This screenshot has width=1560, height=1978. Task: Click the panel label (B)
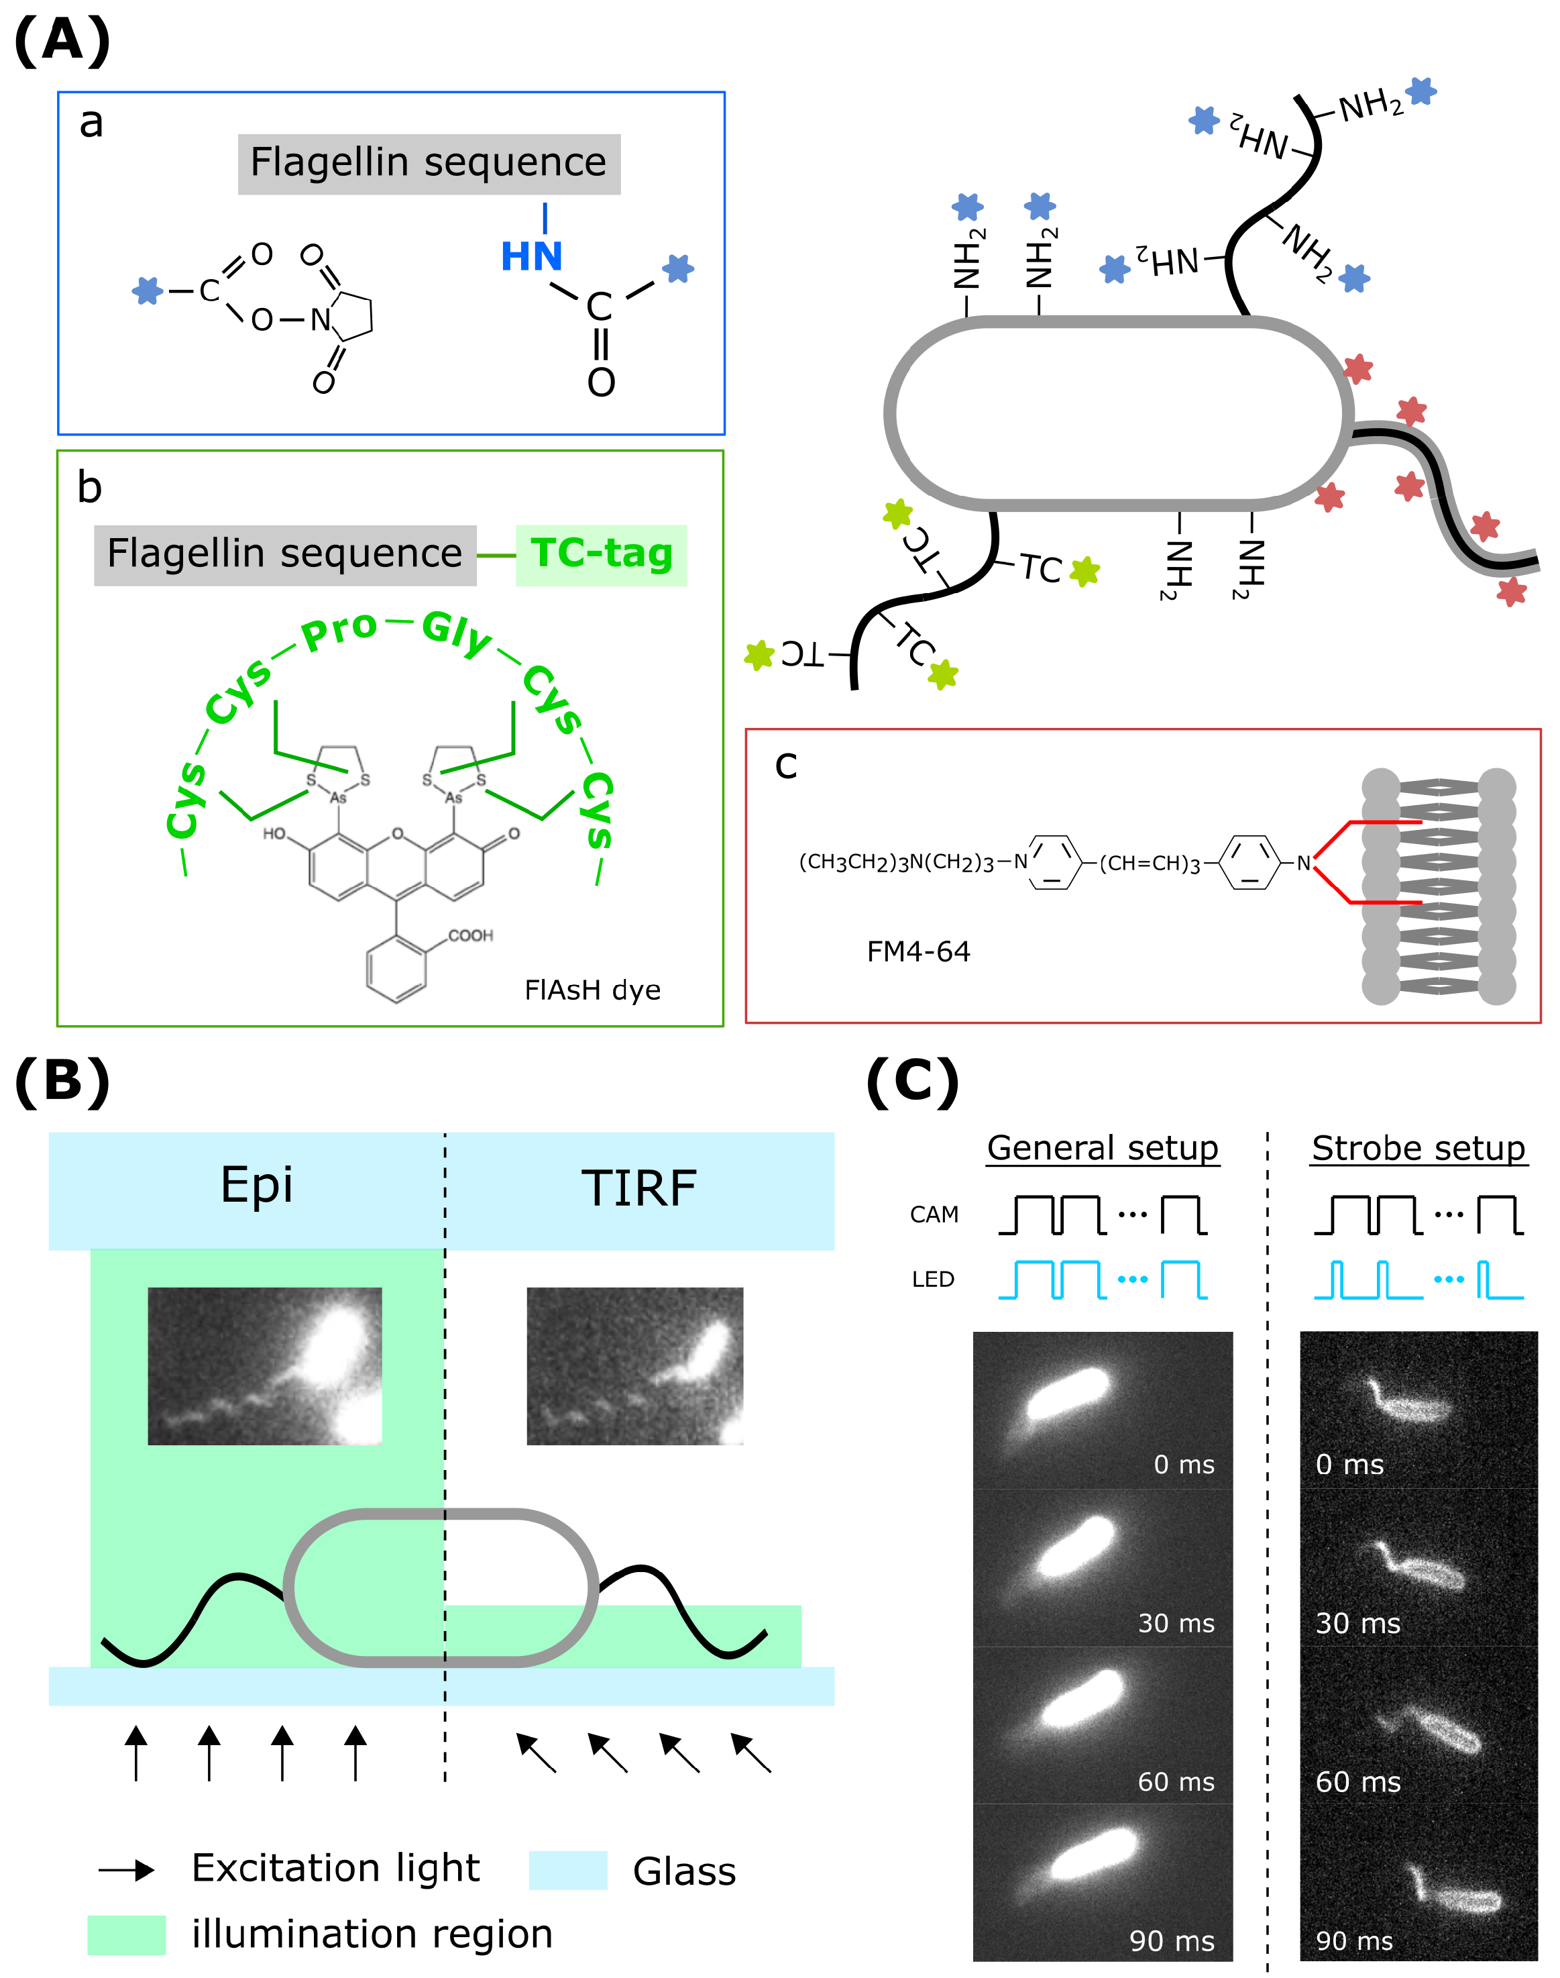point(62,1082)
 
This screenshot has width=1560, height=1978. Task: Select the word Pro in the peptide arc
point(339,631)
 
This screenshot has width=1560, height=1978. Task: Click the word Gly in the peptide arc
point(456,632)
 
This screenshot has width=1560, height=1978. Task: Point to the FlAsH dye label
point(592,990)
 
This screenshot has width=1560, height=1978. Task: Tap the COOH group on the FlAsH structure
point(470,935)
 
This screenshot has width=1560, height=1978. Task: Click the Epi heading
point(257,1186)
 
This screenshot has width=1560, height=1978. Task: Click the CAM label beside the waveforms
point(934,1215)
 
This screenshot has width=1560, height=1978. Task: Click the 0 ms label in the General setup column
point(1184,1465)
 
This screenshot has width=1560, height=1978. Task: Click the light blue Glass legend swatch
point(567,1870)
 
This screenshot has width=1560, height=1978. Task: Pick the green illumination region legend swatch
point(126,1935)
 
